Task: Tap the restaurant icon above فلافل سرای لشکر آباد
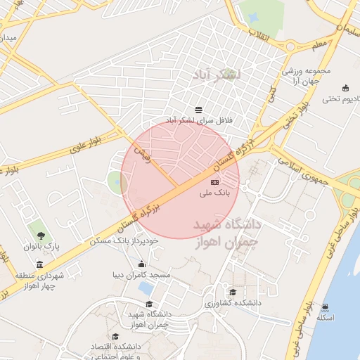coord(199,110)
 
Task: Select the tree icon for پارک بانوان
coord(40,234)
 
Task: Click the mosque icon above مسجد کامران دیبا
coord(141,264)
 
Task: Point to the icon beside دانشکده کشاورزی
coord(233,292)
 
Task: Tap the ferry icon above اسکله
coord(325,307)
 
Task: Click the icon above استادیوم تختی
coord(345,88)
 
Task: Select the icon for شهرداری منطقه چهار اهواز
coord(39,265)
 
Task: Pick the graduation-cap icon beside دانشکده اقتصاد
coord(115,337)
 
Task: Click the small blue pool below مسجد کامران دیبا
coord(146,289)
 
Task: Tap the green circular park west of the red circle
coord(116,183)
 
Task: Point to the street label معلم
coord(321,44)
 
